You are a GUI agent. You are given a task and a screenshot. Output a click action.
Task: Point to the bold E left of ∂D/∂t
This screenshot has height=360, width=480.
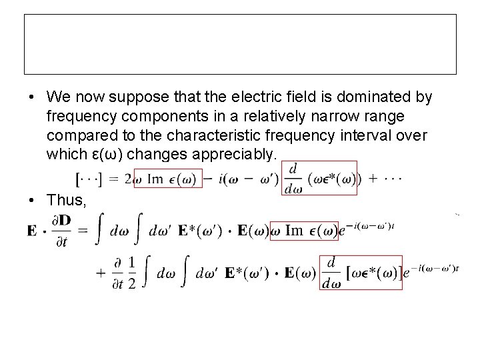(32, 231)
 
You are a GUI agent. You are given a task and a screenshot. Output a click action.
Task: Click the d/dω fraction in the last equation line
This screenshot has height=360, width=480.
(331, 274)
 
